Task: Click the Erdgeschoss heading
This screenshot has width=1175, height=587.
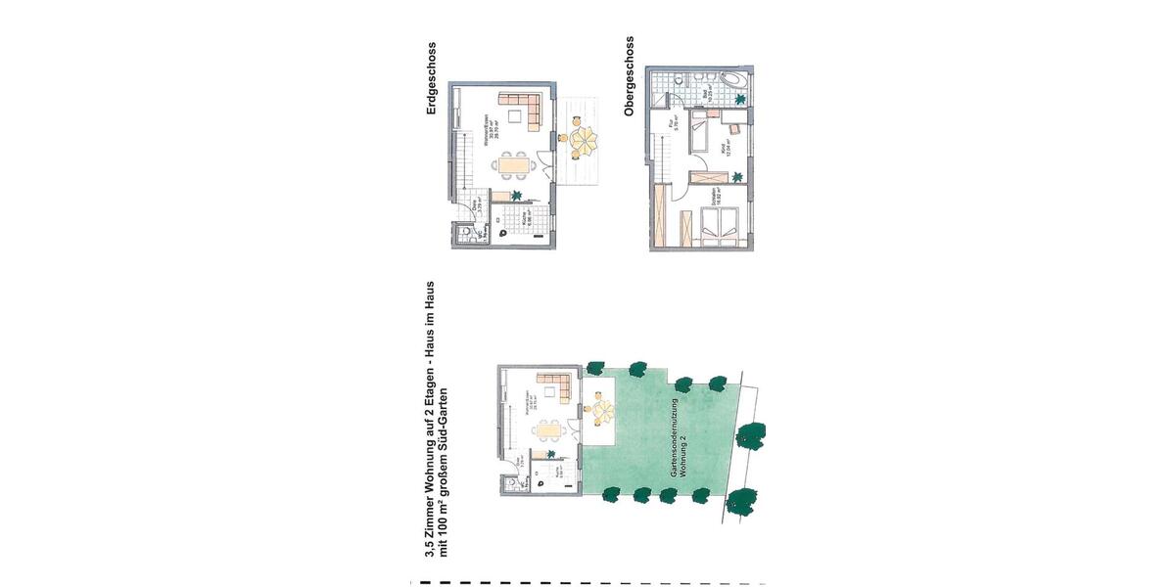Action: coord(431,79)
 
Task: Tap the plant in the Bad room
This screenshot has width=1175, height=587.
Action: coord(739,100)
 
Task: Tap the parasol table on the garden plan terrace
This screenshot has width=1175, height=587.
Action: coord(596,409)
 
